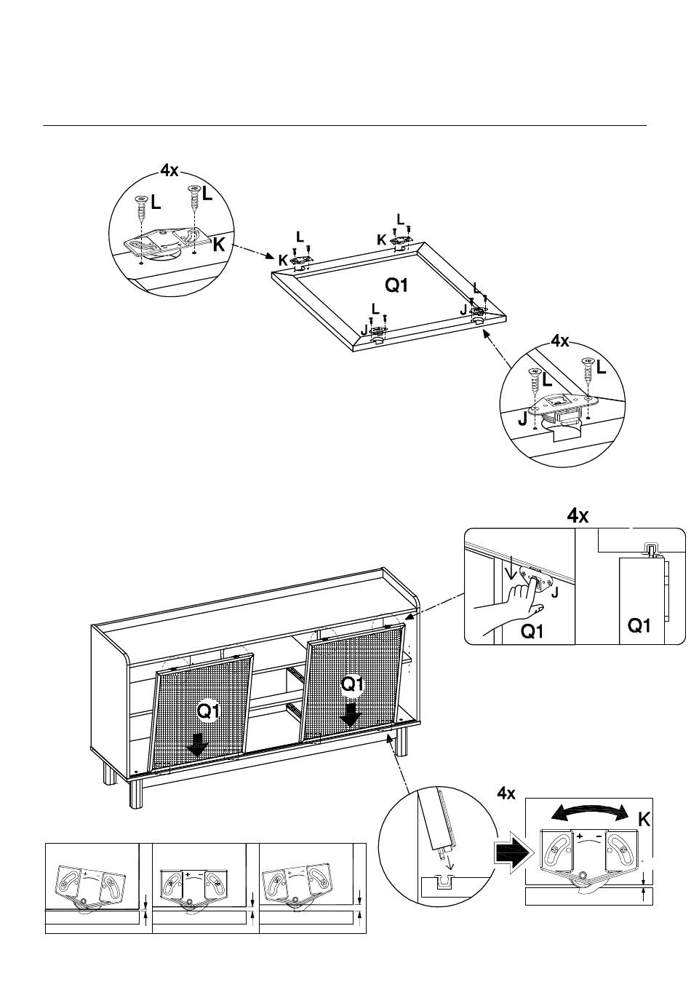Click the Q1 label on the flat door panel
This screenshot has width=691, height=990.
[396, 285]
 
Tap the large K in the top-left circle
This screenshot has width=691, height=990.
[219, 245]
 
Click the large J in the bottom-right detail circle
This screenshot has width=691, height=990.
[523, 419]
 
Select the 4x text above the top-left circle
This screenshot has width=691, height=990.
[169, 170]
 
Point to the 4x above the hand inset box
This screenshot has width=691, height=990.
[578, 515]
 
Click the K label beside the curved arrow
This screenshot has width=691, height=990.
[644, 820]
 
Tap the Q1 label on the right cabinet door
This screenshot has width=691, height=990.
[353, 684]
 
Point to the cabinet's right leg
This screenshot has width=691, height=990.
[401, 742]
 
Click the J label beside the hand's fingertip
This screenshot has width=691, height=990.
[554, 593]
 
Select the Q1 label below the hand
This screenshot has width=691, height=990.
[532, 631]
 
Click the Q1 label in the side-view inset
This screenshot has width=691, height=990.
[639, 625]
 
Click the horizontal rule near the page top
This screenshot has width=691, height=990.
[345, 125]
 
